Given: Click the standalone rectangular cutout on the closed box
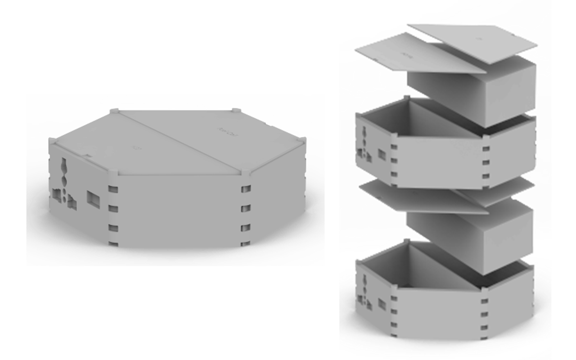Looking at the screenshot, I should [x=92, y=197].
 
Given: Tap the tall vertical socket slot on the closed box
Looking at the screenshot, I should [x=64, y=172].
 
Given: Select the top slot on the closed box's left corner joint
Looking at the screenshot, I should [x=113, y=189].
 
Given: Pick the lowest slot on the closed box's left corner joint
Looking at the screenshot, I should [x=113, y=244].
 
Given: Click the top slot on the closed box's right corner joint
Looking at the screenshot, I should [x=246, y=189].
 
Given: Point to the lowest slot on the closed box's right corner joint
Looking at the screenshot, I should [x=246, y=244].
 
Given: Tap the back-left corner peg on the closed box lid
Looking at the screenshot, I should [x=114, y=109].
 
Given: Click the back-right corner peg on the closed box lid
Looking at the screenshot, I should [x=236, y=110].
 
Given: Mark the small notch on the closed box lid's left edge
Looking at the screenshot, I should [x=87, y=156].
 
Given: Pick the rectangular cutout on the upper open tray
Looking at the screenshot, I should [x=382, y=155].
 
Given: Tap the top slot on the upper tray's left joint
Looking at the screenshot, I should [x=394, y=148].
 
